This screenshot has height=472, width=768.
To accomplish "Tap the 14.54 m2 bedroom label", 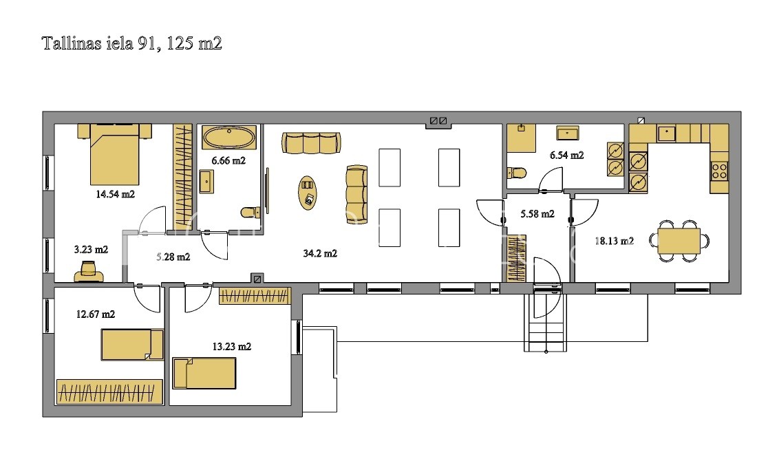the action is [x=115, y=195].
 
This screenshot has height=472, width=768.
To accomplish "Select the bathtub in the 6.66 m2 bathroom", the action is [x=229, y=138].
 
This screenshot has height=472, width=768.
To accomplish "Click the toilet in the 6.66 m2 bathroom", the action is [x=250, y=213].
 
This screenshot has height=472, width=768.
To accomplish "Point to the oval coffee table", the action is [x=308, y=193].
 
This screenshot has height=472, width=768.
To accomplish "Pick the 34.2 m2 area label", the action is [x=320, y=254].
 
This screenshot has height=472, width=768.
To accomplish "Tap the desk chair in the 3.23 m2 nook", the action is [x=89, y=272].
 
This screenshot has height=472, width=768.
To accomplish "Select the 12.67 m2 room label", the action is [x=96, y=314].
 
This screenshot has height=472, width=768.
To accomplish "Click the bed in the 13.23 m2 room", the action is [x=204, y=373].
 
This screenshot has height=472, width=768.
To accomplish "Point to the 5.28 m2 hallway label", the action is [x=173, y=257].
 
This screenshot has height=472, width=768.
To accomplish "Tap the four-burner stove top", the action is [x=719, y=171].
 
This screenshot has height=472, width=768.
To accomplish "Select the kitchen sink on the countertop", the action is [x=667, y=133].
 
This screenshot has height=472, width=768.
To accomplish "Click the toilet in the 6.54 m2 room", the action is [x=517, y=173].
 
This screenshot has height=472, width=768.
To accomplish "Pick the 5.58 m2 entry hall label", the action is [x=537, y=214].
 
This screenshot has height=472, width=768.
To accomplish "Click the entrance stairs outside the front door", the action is [x=545, y=323].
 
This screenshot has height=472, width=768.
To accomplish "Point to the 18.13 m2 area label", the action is [x=615, y=241].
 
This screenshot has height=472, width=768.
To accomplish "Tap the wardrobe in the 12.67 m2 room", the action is [x=109, y=391].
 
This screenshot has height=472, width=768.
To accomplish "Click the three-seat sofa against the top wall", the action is [x=311, y=143].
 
